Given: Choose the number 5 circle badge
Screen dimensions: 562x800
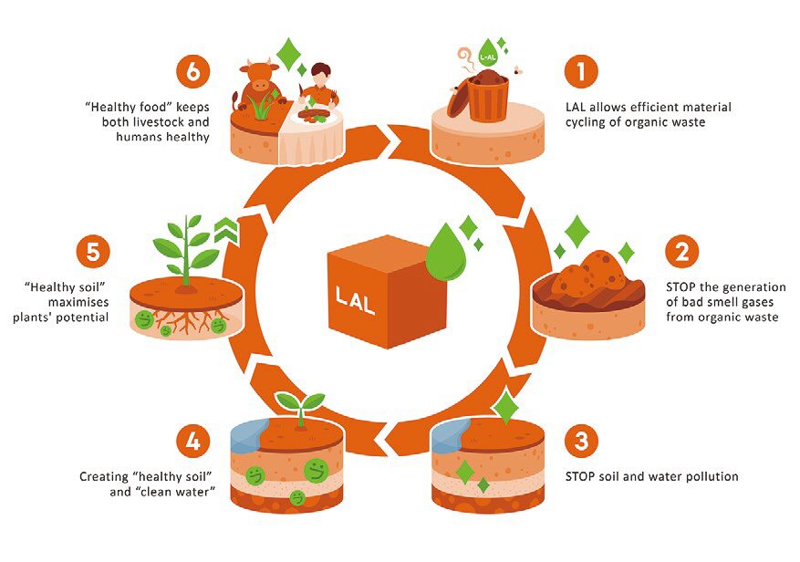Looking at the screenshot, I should (x=92, y=251).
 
